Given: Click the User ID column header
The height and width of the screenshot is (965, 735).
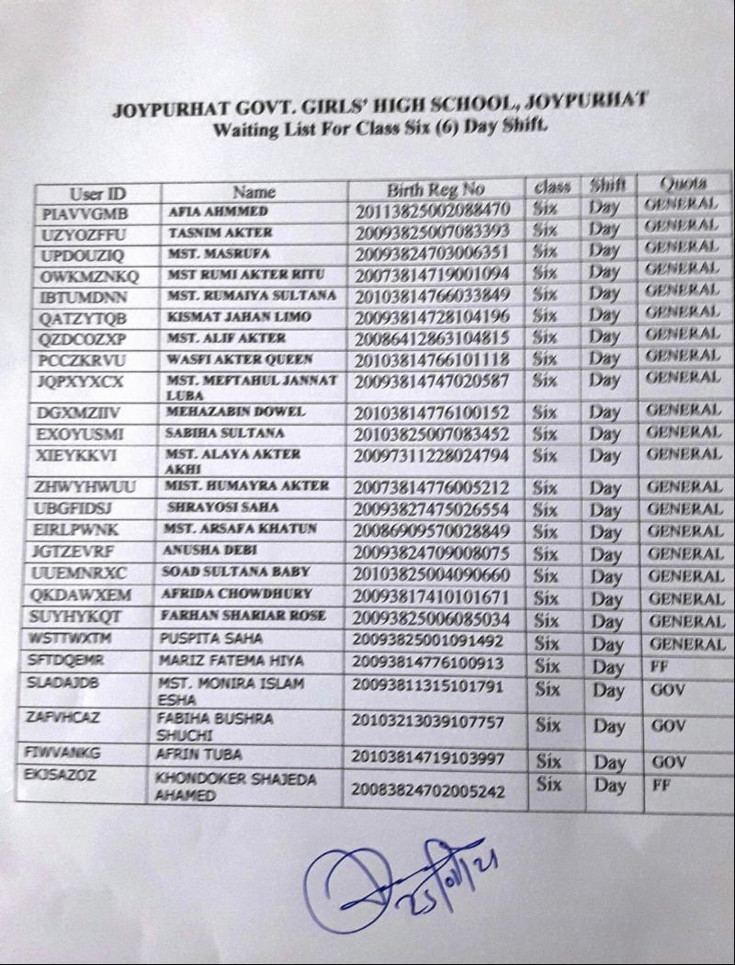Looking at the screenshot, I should point(97,193).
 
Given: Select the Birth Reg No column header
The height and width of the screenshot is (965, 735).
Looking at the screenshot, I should point(435,190).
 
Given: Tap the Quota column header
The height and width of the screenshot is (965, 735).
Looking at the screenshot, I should point(681,182).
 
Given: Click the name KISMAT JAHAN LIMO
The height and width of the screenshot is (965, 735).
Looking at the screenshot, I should point(239,317).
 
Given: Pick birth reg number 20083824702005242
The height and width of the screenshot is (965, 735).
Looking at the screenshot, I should point(428,789).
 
